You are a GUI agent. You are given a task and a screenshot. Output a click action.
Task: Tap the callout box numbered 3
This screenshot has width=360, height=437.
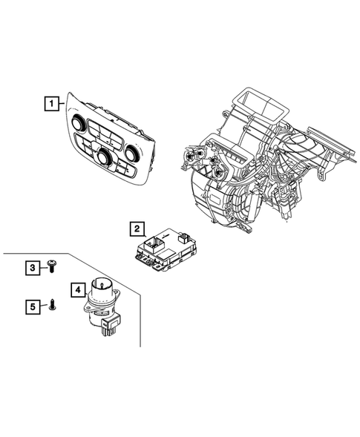tap(33, 266)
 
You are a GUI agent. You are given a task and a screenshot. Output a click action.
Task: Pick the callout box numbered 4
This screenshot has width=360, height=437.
tap(78, 290)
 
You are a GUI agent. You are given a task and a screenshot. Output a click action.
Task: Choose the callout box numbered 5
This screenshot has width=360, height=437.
tap(33, 303)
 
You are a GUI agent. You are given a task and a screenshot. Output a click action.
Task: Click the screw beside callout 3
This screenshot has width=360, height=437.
tap(52, 265)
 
